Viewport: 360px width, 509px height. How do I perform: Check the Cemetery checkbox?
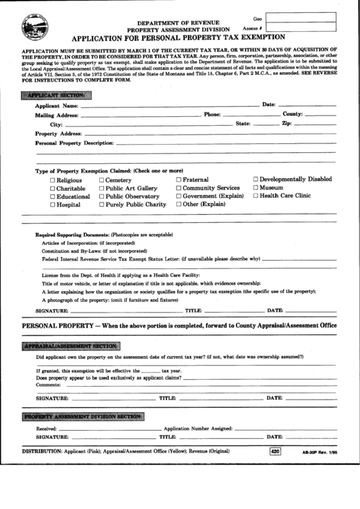point(102,180)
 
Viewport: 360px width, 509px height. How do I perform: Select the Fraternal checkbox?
point(179,180)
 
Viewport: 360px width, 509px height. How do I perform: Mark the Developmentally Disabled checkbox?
point(256,179)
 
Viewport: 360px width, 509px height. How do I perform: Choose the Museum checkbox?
point(256,188)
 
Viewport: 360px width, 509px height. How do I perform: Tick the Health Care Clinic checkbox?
point(256,196)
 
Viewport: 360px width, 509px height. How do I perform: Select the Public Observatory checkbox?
point(102,196)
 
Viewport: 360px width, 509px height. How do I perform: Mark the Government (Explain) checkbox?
point(179,196)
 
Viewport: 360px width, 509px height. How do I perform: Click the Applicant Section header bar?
point(54,94)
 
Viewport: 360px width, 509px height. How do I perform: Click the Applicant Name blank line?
point(170,107)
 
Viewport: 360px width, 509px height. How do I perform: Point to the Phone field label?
point(212,115)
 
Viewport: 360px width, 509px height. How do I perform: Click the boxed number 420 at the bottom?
point(274,452)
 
